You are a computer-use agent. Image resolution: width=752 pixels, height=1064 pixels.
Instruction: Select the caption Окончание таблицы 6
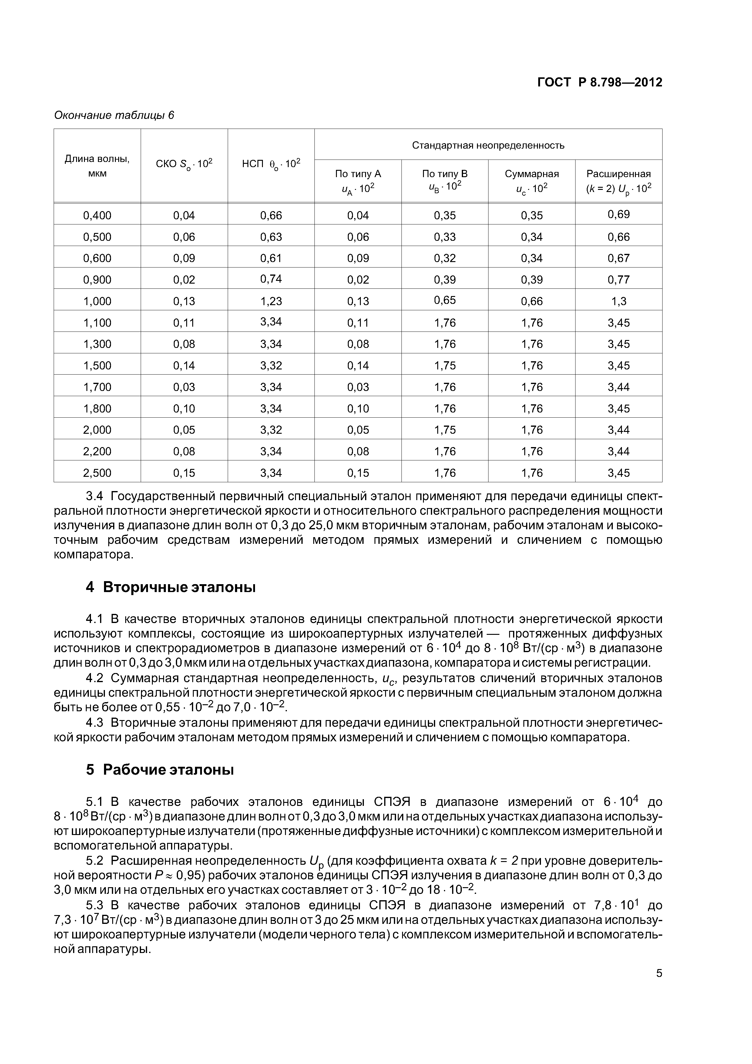[x=114, y=115]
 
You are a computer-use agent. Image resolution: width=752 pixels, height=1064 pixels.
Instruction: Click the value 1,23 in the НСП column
[x=271, y=301]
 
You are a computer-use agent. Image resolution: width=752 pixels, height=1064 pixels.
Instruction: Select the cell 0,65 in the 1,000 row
[x=445, y=300]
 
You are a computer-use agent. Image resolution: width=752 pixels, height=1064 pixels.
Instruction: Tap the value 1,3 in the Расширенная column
[x=619, y=301]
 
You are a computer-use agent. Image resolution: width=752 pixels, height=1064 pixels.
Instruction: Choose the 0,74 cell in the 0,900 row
[x=271, y=279]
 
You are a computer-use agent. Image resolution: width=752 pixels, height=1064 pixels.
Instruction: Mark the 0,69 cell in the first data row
[x=619, y=214]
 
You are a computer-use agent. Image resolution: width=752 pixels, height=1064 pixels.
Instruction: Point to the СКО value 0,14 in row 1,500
[x=184, y=365]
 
